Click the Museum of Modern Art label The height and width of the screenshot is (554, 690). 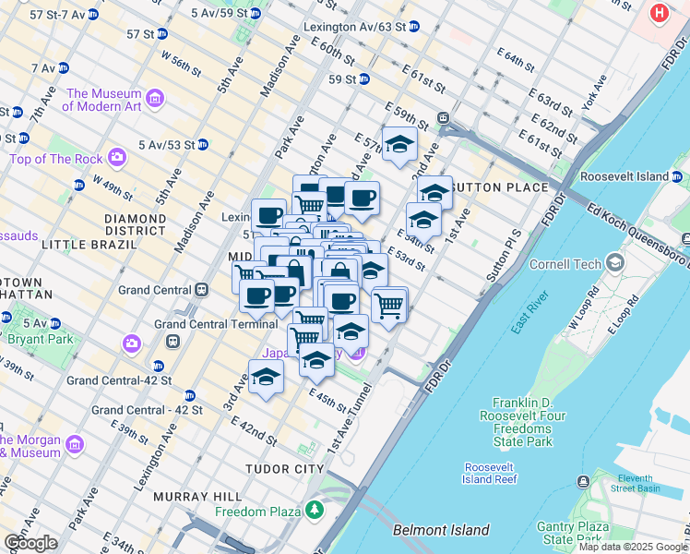(103, 100)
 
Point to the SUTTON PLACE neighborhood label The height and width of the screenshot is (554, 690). (501, 187)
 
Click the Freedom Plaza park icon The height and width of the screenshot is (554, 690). (315, 510)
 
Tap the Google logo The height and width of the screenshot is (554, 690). (30, 543)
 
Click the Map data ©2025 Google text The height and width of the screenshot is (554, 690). (631, 547)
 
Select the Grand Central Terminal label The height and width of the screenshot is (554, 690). (216, 324)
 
